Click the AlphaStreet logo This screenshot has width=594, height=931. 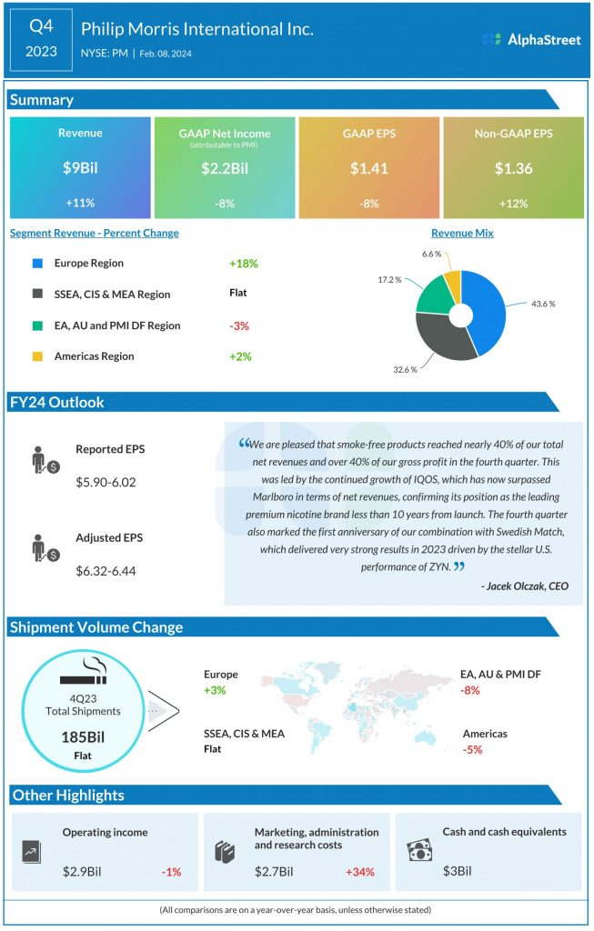(x=531, y=39)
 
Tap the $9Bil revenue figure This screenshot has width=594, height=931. (x=80, y=168)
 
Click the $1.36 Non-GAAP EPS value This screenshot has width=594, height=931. (x=514, y=168)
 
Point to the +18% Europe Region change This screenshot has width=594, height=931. (x=244, y=264)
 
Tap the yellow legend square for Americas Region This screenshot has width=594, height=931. (x=37, y=356)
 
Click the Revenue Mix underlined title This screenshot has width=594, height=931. (x=462, y=233)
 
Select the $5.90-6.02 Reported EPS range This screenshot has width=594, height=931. (x=106, y=482)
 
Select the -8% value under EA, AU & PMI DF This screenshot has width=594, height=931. (x=470, y=691)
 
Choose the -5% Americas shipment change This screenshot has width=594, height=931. (x=472, y=750)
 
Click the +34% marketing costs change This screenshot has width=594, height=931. (x=360, y=872)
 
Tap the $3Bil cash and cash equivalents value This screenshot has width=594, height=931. (x=458, y=872)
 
